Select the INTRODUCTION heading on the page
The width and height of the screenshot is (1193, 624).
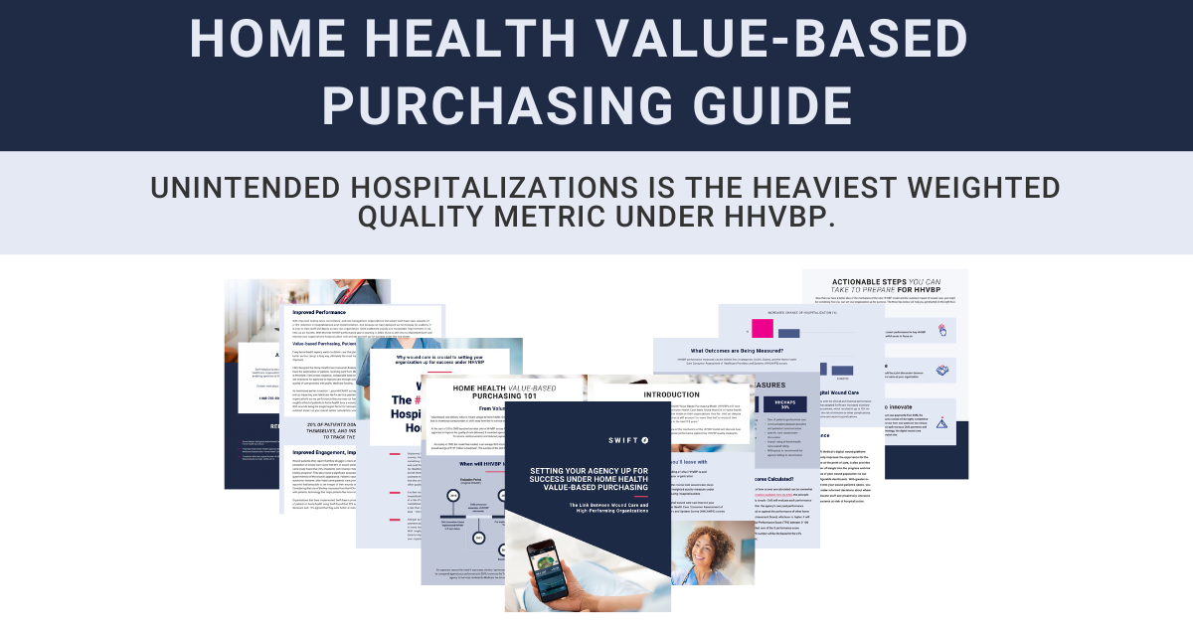(672, 393)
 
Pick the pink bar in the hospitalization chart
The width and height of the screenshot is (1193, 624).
(764, 329)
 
